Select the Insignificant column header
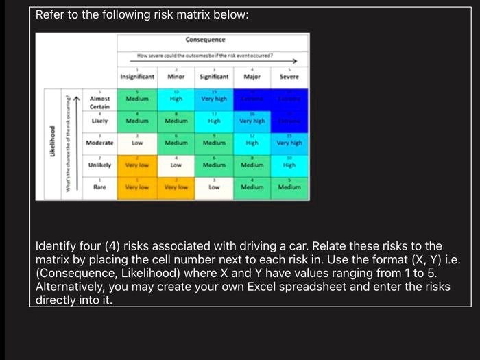[x=137, y=77]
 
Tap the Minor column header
[x=176, y=77]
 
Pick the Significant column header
[x=214, y=77]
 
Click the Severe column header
[x=289, y=77]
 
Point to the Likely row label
[x=100, y=121]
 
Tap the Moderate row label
[x=99, y=143]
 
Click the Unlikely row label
[x=100, y=165]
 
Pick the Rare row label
[x=100, y=186]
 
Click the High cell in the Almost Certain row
[x=176, y=99]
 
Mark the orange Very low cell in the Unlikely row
[x=137, y=165]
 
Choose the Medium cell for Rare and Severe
[x=289, y=186]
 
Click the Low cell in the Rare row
[x=214, y=186]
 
